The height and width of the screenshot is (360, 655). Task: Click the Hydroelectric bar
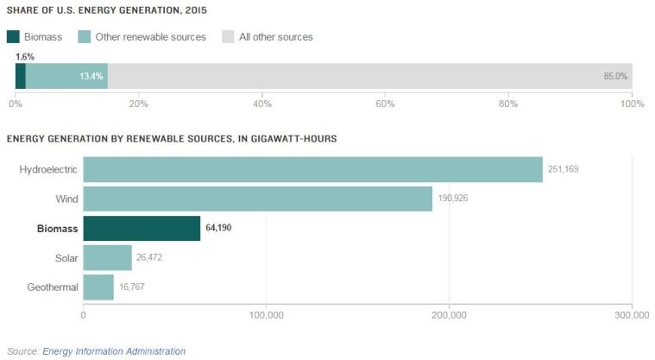(x=312, y=169)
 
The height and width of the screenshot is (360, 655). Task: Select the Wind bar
(x=257, y=199)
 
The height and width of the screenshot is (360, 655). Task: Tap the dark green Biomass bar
(x=142, y=228)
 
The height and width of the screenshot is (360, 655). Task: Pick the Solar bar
(x=107, y=257)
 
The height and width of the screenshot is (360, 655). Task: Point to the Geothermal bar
(x=98, y=287)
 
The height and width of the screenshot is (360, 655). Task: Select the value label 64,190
(x=219, y=228)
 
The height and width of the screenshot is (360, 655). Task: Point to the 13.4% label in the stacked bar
(x=91, y=76)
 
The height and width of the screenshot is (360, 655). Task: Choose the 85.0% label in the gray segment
(x=614, y=76)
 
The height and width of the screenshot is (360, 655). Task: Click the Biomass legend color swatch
(x=13, y=37)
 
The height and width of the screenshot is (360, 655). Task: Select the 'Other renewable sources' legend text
(x=151, y=37)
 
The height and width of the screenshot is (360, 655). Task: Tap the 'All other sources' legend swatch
(x=228, y=37)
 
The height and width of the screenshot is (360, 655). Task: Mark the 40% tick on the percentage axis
(x=262, y=104)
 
